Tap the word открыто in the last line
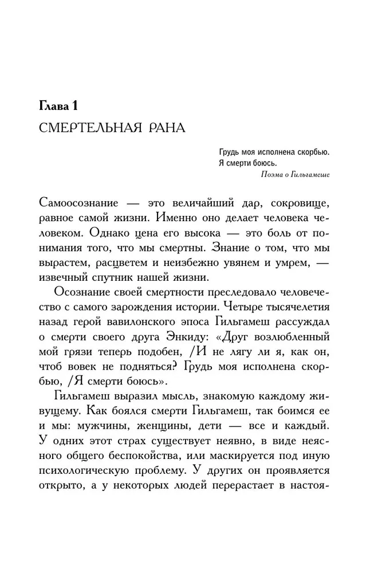click(x=64, y=486)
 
